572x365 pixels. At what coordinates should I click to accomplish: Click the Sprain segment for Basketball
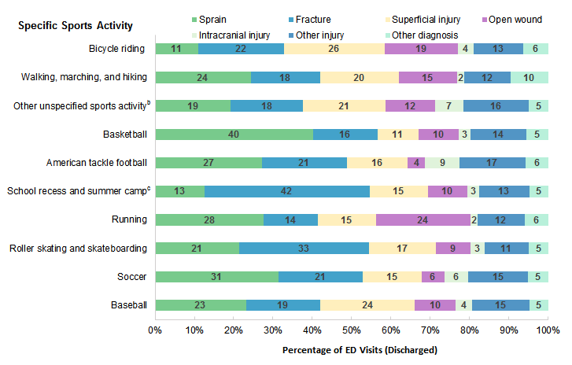click(234, 134)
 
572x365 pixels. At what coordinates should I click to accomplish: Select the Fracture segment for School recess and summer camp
click(287, 191)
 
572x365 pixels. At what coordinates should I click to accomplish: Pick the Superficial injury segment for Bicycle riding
click(334, 49)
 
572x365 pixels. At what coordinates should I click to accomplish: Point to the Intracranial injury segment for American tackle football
click(442, 162)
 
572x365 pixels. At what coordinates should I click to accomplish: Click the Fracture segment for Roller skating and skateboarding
click(304, 248)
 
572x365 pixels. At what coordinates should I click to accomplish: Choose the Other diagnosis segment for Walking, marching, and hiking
click(530, 77)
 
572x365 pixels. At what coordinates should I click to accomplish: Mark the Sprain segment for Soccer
click(216, 276)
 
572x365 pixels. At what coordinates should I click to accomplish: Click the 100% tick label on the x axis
click(547, 330)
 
